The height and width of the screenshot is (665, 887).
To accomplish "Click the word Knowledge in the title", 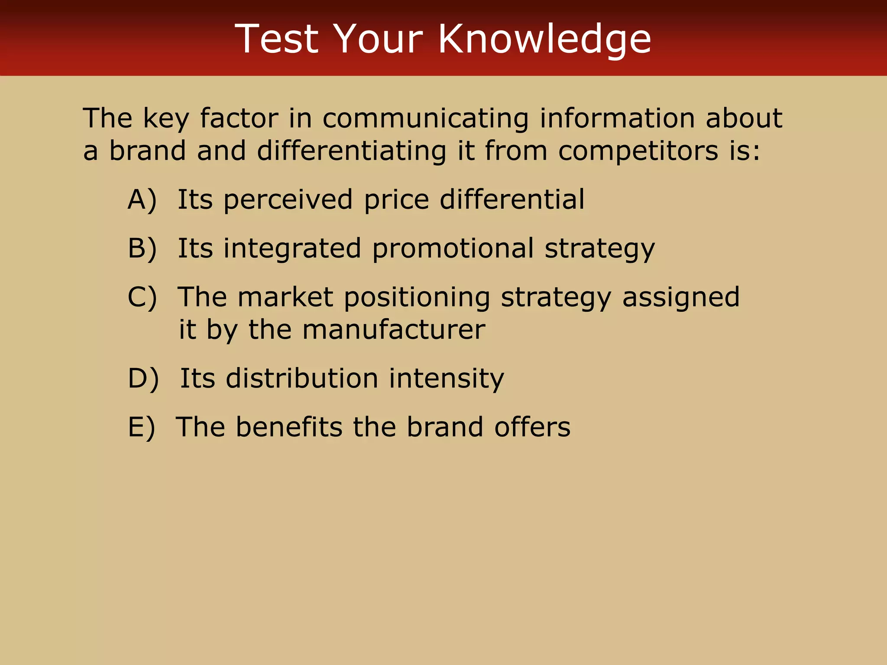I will tap(544, 39).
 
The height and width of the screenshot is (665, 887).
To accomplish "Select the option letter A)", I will tap(142, 200).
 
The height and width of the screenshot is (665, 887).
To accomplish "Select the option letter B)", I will tap(142, 249).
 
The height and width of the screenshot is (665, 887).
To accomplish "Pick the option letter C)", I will tap(142, 297).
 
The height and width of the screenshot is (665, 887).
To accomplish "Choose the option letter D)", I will tap(143, 378).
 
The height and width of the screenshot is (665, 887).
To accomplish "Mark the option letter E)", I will tap(141, 427).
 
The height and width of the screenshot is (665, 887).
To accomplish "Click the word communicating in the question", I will tap(425, 118).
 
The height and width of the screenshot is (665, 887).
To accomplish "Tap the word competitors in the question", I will tap(638, 151).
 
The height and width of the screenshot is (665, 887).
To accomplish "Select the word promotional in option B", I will tap(453, 249).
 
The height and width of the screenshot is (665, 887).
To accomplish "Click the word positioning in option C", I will tap(417, 297).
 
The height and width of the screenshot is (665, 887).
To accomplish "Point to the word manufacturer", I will tap(393, 330).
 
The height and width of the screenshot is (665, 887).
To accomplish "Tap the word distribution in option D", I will tap(302, 378).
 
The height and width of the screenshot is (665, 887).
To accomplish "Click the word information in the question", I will tap(617, 118).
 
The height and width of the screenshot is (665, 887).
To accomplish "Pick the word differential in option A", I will tap(512, 200).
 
